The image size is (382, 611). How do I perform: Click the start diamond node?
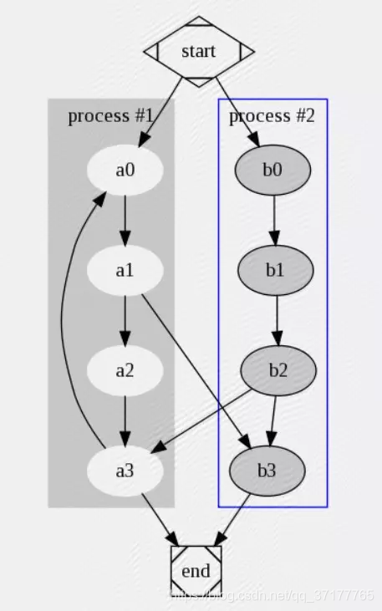pos(198,51)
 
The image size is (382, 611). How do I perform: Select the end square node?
pos(196,572)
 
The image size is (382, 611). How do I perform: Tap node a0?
pos(125,170)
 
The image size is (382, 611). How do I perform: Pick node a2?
pos(125,369)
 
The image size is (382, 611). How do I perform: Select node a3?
pos(125,470)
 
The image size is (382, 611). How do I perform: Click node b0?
pos(273,170)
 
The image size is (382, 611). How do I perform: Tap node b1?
pos(275,270)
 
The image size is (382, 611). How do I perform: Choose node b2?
pos(278,369)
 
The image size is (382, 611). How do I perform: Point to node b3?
pos(267,470)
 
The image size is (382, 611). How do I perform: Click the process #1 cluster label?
pos(110,115)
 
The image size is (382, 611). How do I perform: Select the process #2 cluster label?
pos(272,115)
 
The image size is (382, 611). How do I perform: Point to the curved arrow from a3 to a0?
pos(74,318)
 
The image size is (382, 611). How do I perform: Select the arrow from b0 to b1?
pos(274,220)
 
